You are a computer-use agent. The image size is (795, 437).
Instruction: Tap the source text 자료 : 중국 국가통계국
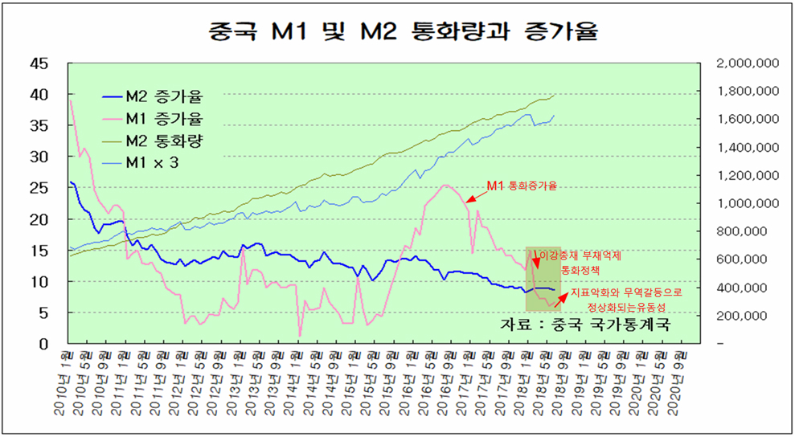click(584, 323)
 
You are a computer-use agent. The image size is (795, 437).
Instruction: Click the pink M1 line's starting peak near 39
click(71, 100)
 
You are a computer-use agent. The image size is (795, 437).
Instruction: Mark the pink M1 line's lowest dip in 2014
click(300, 336)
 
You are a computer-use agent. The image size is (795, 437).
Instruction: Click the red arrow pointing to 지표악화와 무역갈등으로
click(560, 300)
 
